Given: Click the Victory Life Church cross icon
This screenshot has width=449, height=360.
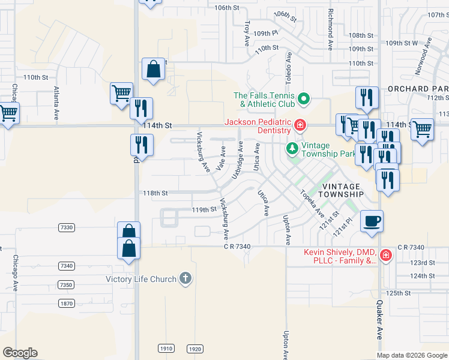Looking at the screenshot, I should pyautogui.click(x=185, y=278).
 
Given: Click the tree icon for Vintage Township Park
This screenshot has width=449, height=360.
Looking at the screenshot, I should pyautogui.click(x=292, y=148).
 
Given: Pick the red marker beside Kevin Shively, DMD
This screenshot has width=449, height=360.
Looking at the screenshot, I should pyautogui.click(x=385, y=256).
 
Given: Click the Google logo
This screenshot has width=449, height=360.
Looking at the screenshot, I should pyautogui.click(x=20, y=353).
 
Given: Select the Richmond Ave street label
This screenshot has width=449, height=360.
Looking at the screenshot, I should pyautogui.click(x=330, y=29).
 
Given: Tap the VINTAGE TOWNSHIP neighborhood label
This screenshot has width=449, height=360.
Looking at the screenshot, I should pyautogui.click(x=340, y=190).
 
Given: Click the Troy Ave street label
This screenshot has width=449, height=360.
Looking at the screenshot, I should pyautogui.click(x=247, y=33).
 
